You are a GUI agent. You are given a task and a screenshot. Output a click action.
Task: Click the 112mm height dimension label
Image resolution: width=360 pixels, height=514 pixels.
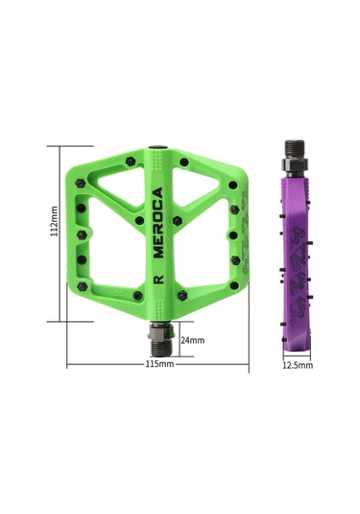55,228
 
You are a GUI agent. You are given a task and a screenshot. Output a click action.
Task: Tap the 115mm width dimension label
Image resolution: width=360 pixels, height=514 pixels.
159,365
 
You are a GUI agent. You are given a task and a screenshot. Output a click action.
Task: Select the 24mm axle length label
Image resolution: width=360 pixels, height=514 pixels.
192,340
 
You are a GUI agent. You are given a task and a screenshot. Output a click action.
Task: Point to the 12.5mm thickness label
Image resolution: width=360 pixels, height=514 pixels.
298,365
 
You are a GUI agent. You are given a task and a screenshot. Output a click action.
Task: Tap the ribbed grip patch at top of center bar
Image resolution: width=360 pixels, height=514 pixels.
159,153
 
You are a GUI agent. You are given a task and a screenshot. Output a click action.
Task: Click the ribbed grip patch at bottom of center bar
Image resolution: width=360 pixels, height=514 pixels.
159,305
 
